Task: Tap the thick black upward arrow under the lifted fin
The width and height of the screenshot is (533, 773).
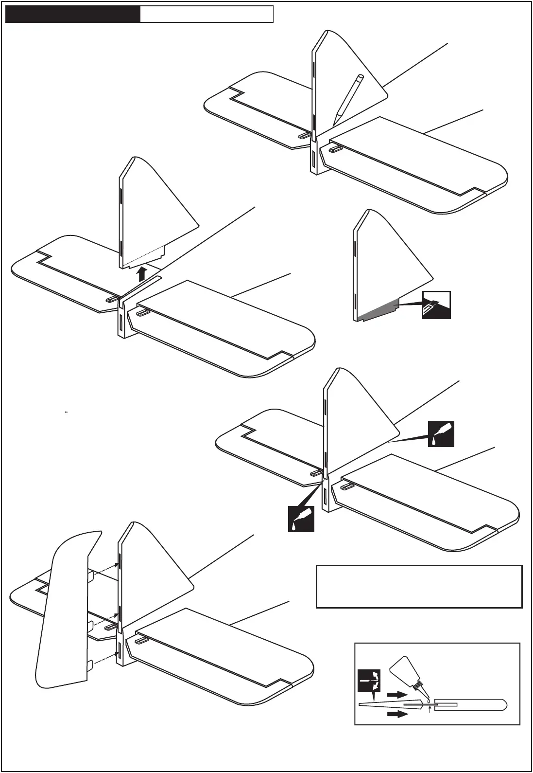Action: (141, 273)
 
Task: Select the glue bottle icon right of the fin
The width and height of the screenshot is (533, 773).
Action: (441, 433)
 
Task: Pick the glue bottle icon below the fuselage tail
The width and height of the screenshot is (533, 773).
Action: (301, 519)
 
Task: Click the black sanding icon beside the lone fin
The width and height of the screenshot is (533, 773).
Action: (436, 305)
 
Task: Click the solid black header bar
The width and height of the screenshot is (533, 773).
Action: (72, 14)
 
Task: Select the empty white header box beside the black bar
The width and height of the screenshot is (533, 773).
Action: (206, 14)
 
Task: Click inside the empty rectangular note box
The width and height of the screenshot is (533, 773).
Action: (419, 586)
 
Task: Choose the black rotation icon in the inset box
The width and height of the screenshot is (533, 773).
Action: (369, 681)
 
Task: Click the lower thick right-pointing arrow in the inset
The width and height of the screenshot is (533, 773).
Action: (396, 714)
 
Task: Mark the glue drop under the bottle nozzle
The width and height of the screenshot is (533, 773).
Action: (429, 701)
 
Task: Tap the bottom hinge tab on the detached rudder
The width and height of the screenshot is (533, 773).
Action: (90, 666)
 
